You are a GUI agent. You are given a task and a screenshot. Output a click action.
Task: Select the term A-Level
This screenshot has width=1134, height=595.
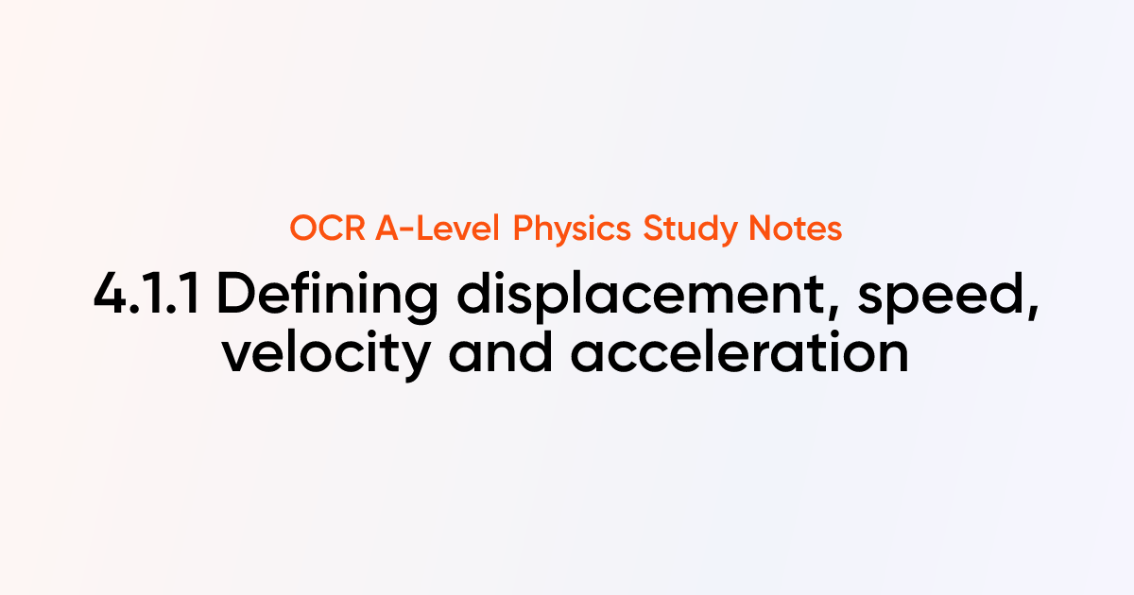click(436, 229)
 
